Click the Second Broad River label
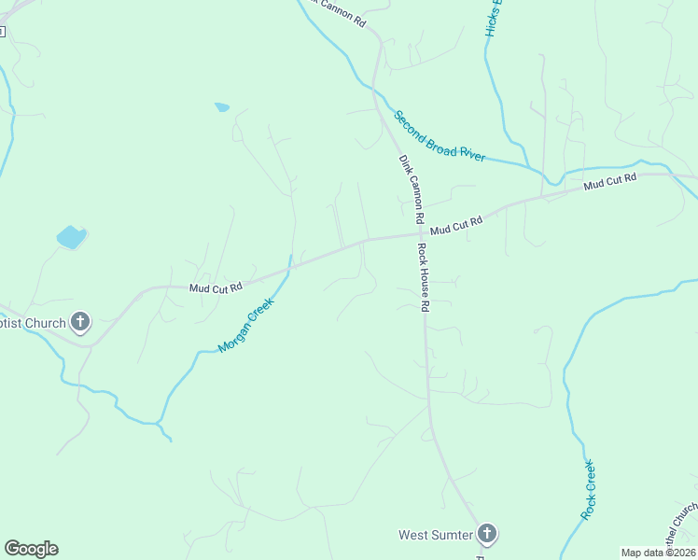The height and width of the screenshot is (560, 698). (439, 136)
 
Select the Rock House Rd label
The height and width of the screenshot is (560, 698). (423, 277)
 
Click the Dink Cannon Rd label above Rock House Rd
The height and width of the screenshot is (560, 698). (412, 188)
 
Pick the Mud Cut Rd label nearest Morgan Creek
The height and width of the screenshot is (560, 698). (216, 287)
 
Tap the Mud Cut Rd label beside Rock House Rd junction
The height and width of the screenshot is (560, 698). (456, 225)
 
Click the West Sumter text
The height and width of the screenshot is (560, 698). (435, 535)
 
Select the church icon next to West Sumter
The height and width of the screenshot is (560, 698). (486, 535)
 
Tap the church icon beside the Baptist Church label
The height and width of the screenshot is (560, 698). (80, 323)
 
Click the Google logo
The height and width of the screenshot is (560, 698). (31, 549)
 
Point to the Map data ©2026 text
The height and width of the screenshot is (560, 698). (658, 553)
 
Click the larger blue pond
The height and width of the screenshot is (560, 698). (71, 237)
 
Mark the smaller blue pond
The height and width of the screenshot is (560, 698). (222, 107)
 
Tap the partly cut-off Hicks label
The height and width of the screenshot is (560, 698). (494, 19)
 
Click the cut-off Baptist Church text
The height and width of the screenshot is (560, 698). (33, 323)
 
